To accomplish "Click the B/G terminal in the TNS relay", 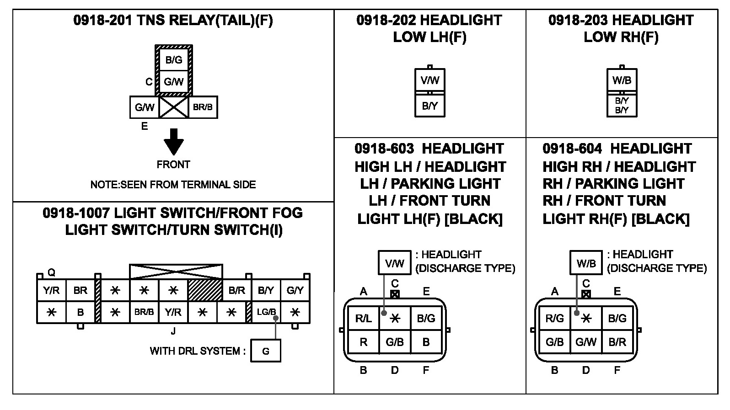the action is coord(174,59).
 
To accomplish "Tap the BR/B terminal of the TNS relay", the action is coord(203,107).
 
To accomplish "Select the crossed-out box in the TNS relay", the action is coord(174,107).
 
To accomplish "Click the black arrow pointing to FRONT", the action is coord(174,142).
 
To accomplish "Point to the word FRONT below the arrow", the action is coord(173,165).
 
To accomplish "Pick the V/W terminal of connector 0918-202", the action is coord(430,80).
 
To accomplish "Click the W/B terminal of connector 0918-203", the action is coord(622,80).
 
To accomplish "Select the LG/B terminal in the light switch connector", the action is coord(266,312).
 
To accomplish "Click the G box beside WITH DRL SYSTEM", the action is coord(266,351).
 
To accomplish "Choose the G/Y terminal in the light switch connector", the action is coord(295,290).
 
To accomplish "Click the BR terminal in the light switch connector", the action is coord(80,290).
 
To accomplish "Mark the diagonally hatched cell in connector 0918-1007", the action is coord(205,290).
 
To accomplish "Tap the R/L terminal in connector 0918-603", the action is coord(363,318).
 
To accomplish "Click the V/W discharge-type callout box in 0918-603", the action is coord(394,262).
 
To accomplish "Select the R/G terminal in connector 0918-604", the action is coord(555,318).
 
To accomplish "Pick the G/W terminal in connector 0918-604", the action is coord(586,342).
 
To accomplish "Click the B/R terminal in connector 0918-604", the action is coord(617,342).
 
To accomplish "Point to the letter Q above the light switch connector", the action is coord(52,272).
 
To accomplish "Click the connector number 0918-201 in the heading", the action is coord(102,20).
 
